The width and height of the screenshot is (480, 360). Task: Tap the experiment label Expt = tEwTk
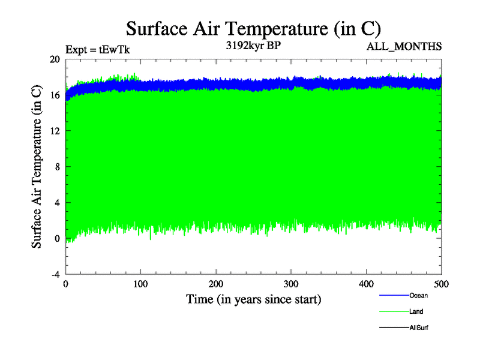[x=97, y=49]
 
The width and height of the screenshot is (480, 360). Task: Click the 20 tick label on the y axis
[x=55, y=59]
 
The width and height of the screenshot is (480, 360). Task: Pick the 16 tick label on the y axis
[x=55, y=95]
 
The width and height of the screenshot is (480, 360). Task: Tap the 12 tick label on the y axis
[x=55, y=131]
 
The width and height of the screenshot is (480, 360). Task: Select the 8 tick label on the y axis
[x=57, y=167]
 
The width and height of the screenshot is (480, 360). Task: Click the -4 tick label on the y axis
[x=55, y=274]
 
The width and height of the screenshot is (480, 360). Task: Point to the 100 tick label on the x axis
[x=141, y=284]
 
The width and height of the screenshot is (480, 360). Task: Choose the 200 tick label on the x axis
[x=216, y=284]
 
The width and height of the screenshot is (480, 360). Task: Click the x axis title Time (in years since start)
[x=253, y=298]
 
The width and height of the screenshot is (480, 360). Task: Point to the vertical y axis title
[x=37, y=167]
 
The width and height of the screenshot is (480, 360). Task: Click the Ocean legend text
[x=418, y=295]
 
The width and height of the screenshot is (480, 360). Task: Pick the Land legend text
[x=416, y=311]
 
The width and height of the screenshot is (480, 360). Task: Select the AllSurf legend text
[x=419, y=328]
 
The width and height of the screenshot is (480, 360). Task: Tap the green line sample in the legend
[x=394, y=311]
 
